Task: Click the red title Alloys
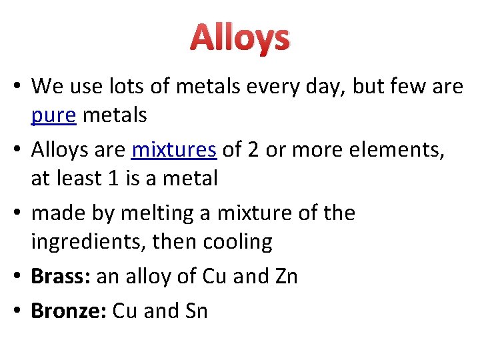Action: [240, 39]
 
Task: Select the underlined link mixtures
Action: [174, 150]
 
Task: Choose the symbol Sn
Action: [193, 310]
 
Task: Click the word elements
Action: [388, 150]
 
